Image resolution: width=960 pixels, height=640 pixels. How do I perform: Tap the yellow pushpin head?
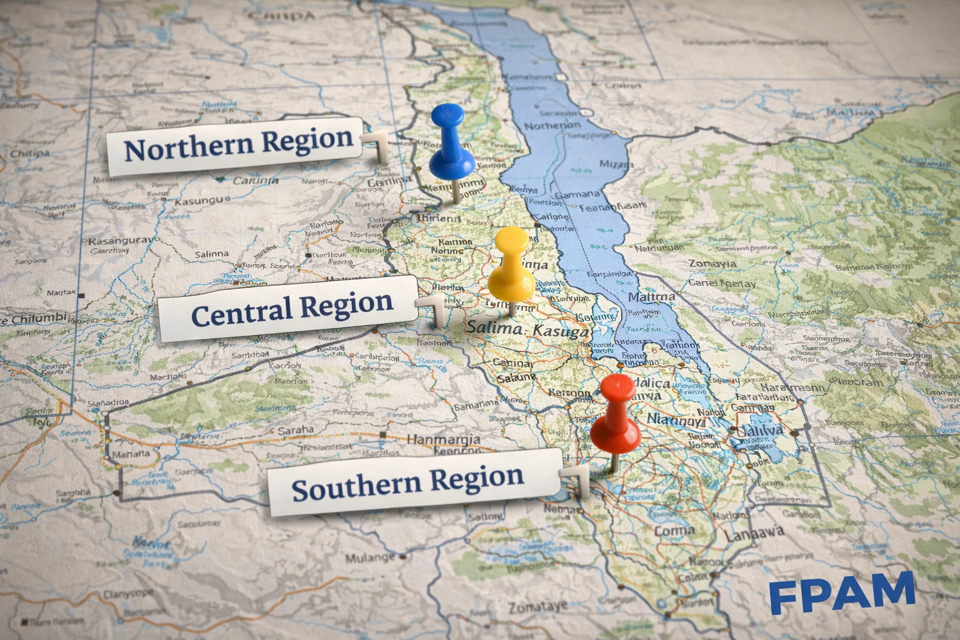pyautogui.click(x=511, y=266)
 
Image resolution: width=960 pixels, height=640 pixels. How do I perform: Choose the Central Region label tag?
pyautogui.click(x=289, y=308)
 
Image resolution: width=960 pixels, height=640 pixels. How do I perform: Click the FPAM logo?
pyautogui.click(x=842, y=592)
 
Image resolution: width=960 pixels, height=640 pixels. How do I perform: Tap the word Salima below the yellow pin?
pyautogui.click(x=492, y=326)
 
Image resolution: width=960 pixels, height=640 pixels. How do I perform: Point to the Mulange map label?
pyautogui.click(x=371, y=557)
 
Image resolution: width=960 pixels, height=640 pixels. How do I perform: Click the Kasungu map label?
pyautogui.click(x=198, y=201)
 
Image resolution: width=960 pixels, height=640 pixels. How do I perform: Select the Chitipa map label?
pyautogui.click(x=29, y=154)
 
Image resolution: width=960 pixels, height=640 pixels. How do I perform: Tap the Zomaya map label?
pyautogui.click(x=712, y=263)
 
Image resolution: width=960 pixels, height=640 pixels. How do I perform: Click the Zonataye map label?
pyautogui.click(x=538, y=606)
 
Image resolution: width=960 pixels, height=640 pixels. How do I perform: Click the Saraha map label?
pyautogui.click(x=296, y=430)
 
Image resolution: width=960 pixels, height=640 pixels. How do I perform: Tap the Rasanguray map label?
pyautogui.click(x=120, y=241)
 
